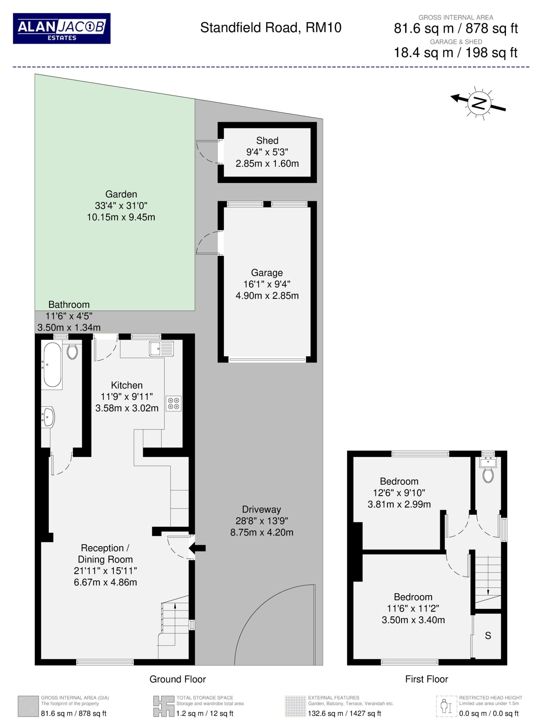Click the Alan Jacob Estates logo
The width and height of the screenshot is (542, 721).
pyautogui.click(x=62, y=28)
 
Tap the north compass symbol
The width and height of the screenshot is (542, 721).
pyautogui.click(x=478, y=103)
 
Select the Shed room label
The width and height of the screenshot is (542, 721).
pyautogui.click(x=267, y=141)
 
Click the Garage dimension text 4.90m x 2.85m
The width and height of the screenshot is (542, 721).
pyautogui.click(x=267, y=296)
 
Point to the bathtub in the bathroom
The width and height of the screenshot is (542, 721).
pyautogui.click(x=52, y=364)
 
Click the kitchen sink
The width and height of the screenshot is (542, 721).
pyautogui.click(x=161, y=348)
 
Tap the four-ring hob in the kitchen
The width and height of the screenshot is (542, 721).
pyautogui.click(x=174, y=403)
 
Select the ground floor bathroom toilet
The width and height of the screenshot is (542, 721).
pyautogui.click(x=72, y=351)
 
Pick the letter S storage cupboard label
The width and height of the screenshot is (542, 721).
pyautogui.click(x=488, y=636)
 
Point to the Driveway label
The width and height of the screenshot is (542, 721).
pyautogui.click(x=262, y=509)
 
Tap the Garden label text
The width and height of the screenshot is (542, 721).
pyautogui.click(x=121, y=194)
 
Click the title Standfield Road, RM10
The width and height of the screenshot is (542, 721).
pyautogui.click(x=271, y=28)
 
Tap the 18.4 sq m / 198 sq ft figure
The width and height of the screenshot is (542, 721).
pyautogui.click(x=455, y=52)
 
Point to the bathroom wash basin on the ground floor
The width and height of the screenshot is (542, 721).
pyautogui.click(x=48, y=417)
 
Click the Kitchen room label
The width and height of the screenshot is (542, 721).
pyautogui.click(x=127, y=385)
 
